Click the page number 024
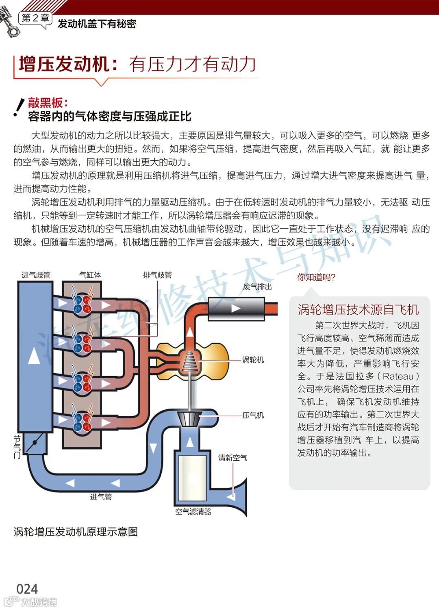click(x=27, y=589)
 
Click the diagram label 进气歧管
click(x=36, y=275)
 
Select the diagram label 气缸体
click(x=90, y=275)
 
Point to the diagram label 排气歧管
click(x=157, y=275)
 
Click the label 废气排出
click(x=257, y=287)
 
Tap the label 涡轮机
click(x=253, y=360)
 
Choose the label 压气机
click(x=253, y=415)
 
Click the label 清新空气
click(x=233, y=458)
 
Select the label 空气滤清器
click(x=193, y=512)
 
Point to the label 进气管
click(x=100, y=497)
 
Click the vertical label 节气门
click(x=17, y=447)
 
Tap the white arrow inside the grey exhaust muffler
click(x=235, y=309)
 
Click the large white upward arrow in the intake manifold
click(x=34, y=356)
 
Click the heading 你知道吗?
click(x=316, y=277)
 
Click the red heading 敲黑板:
click(x=48, y=103)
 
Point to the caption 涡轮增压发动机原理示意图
click(x=76, y=532)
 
